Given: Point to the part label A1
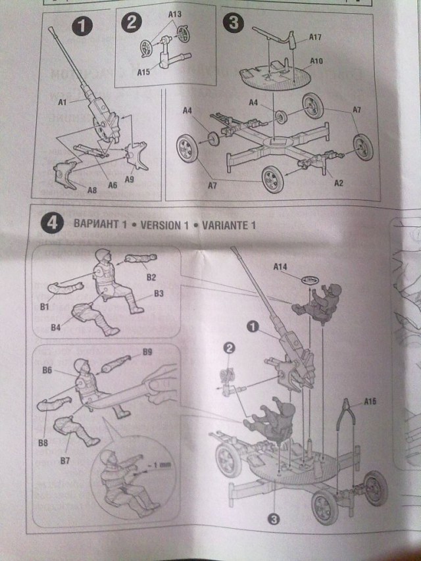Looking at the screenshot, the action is (63, 102).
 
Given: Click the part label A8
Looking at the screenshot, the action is (93, 190).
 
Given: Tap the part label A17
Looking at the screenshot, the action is (315, 38).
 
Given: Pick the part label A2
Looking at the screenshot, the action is (339, 183).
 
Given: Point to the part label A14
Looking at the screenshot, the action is (281, 266).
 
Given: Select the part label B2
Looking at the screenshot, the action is (151, 276).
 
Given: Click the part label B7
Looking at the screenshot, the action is (65, 460).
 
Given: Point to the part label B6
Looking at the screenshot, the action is (47, 371).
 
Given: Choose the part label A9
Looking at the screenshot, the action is (129, 180).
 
